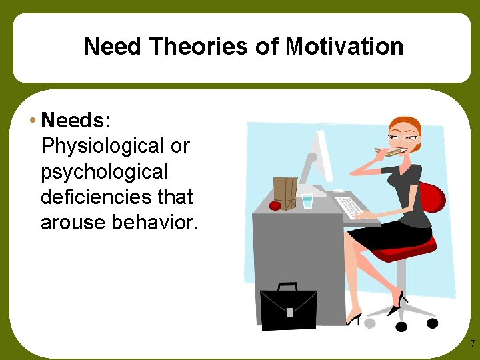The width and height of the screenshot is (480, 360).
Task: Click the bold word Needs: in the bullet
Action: pos(75,120)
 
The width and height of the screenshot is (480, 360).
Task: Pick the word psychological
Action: pos(105,172)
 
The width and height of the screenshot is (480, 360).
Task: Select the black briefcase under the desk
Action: pos(288,307)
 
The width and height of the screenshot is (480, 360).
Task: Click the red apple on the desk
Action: pos(275,205)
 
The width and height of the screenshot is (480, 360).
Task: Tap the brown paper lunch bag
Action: pos(285,193)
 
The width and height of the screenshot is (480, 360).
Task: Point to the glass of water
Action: pos(307,201)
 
